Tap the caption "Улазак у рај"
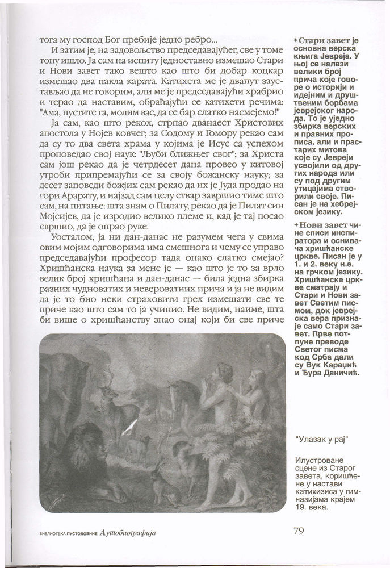tap(321, 440)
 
